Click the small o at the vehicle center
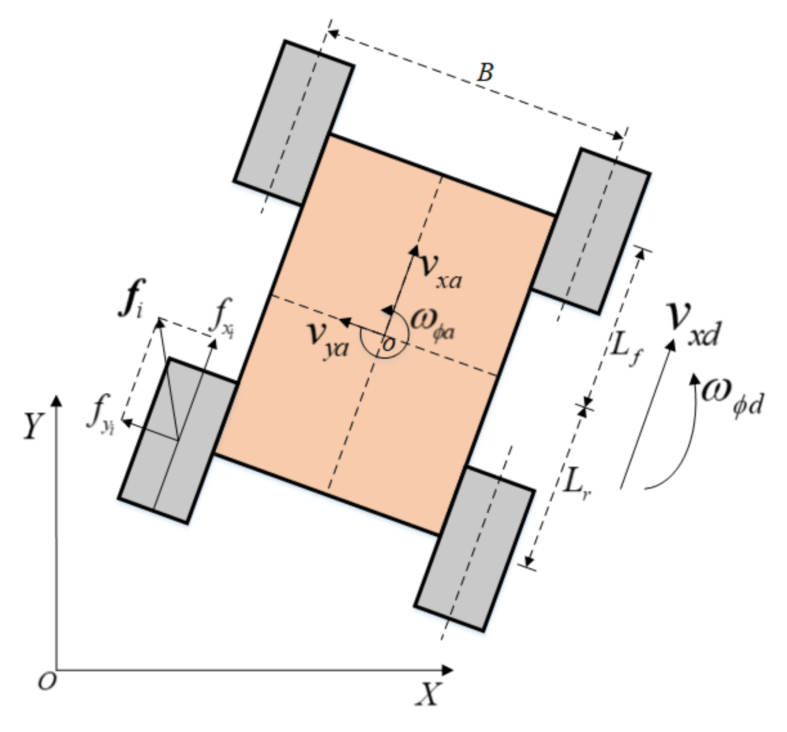tap(388, 344)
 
